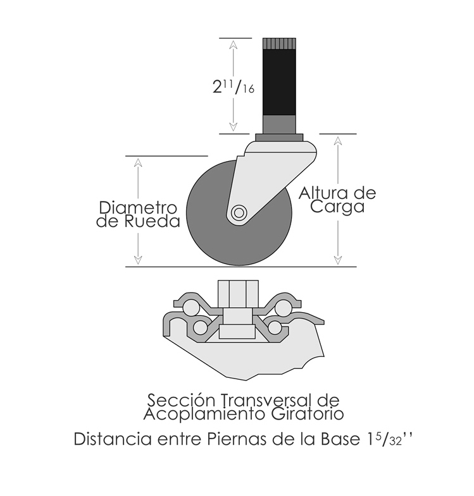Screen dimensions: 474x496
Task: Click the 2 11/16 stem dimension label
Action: point(233,87)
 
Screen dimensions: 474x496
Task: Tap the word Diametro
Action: point(138,208)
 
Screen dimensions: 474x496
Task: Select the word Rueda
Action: point(152,221)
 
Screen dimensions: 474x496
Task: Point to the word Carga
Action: point(337,207)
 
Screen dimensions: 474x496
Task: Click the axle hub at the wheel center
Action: point(239,212)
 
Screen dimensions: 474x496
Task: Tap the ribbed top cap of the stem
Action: point(279,44)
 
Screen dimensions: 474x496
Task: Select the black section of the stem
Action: point(279,82)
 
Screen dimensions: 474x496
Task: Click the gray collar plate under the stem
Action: point(279,138)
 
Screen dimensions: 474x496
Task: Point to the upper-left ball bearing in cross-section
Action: point(190,307)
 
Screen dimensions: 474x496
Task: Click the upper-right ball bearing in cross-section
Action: point(283,307)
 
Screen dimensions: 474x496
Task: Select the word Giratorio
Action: point(308,414)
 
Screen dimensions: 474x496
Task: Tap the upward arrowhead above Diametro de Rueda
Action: point(138,163)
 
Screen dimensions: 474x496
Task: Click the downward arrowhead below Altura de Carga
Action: point(338,260)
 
